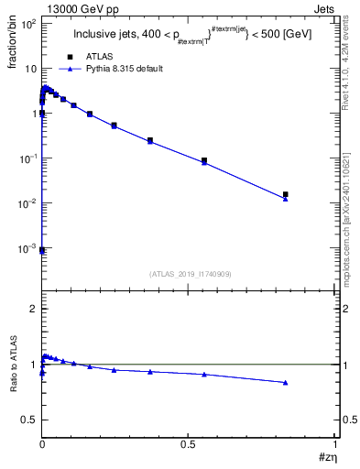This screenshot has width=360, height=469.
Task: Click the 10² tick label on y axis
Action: (x=25, y=24)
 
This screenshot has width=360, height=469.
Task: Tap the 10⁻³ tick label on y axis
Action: (x=25, y=248)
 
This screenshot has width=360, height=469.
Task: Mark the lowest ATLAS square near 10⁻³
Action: (x=42, y=249)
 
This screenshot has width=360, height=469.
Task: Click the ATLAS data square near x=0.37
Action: (x=150, y=140)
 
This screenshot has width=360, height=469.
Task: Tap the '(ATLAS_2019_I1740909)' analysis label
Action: (x=190, y=274)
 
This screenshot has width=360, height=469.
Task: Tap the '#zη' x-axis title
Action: (x=327, y=455)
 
